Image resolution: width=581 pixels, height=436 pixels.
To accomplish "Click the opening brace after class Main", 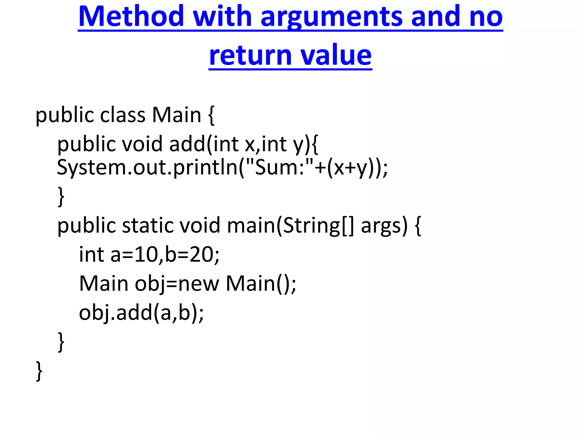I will [x=211, y=115].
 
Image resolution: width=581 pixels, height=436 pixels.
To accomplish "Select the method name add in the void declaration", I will [x=187, y=144].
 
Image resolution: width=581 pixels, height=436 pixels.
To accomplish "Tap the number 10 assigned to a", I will [x=146, y=254].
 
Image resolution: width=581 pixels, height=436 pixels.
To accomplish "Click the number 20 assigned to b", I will [x=201, y=254].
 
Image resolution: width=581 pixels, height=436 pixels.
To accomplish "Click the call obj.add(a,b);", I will [x=141, y=313].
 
